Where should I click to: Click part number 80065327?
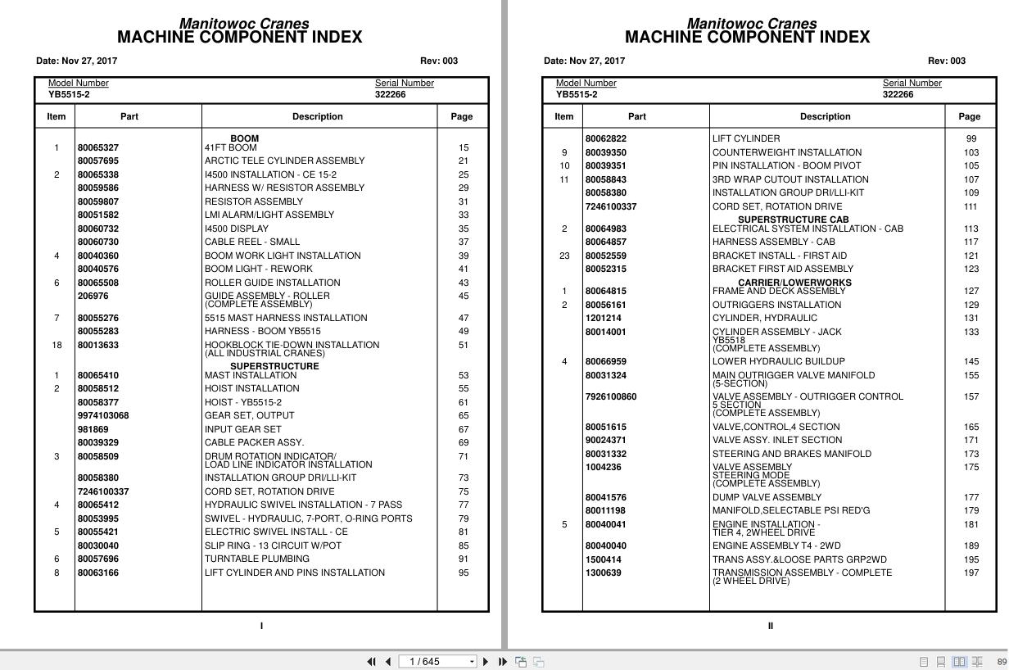pyautogui.click(x=97, y=147)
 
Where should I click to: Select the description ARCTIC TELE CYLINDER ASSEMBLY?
pyautogui.click(x=284, y=161)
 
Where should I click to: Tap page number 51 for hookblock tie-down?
pyautogui.click(x=464, y=345)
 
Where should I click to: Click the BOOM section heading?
pyautogui.click(x=244, y=138)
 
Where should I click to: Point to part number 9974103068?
pyautogui.click(x=103, y=415)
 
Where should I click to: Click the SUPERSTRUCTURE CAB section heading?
pyautogui.click(x=793, y=220)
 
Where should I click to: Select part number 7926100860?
pyautogui.click(x=610, y=396)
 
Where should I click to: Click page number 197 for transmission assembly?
pyautogui.click(x=971, y=573)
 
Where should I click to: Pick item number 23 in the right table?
pyautogui.click(x=564, y=256)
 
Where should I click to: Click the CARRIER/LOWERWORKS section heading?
pyautogui.click(x=794, y=283)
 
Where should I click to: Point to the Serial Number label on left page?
pyautogui.click(x=404, y=83)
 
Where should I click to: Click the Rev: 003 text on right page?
pyautogui.click(x=946, y=61)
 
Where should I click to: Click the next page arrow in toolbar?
pyautogui.click(x=486, y=661)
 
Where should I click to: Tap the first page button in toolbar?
pyautogui.click(x=371, y=661)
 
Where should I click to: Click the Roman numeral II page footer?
pyautogui.click(x=770, y=626)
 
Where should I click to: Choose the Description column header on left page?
pyautogui.click(x=317, y=116)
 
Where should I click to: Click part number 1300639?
pyautogui.click(x=603, y=573)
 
